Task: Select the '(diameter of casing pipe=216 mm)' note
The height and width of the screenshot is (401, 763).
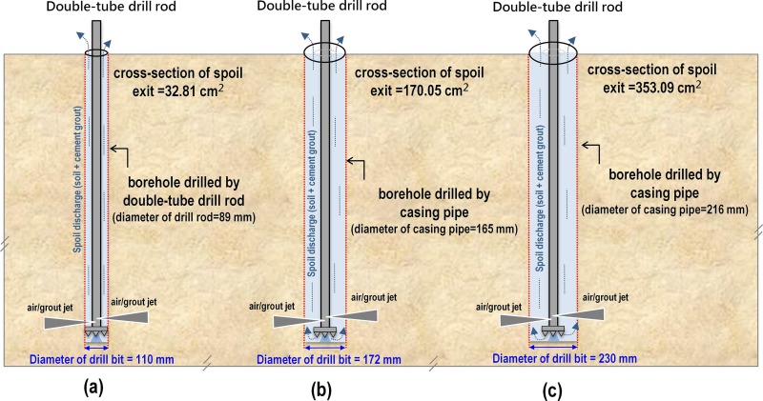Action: click(657, 210)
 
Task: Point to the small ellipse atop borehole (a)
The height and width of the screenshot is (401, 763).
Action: click(95, 52)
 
